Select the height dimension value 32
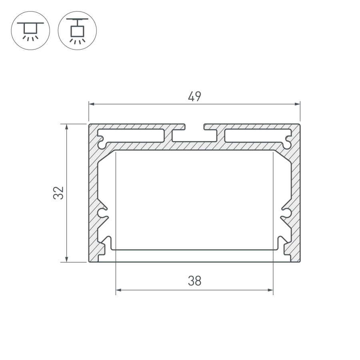click(59, 193)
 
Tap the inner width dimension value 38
click(194, 281)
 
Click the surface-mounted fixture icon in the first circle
click(30, 30)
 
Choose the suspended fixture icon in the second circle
click(77, 30)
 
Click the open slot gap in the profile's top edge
click(194, 126)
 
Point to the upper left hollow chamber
click(132, 136)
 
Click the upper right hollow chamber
click(256, 136)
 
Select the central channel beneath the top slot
click(194, 136)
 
